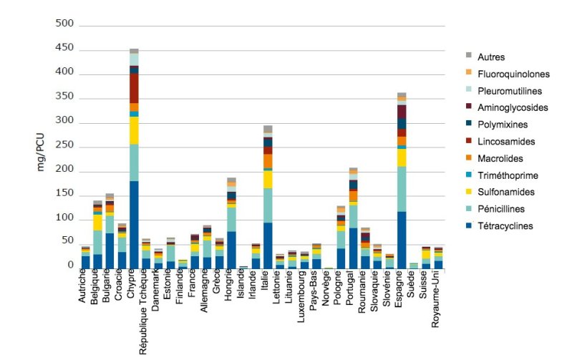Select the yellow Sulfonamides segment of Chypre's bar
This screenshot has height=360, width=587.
(x=134, y=130)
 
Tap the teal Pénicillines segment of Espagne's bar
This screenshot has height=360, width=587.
(x=402, y=189)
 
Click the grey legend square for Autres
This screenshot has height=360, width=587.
(x=469, y=56)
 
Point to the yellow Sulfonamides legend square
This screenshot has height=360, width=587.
(x=469, y=192)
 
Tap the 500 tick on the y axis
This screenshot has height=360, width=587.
(x=65, y=24)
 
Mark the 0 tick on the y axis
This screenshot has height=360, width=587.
(x=70, y=266)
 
